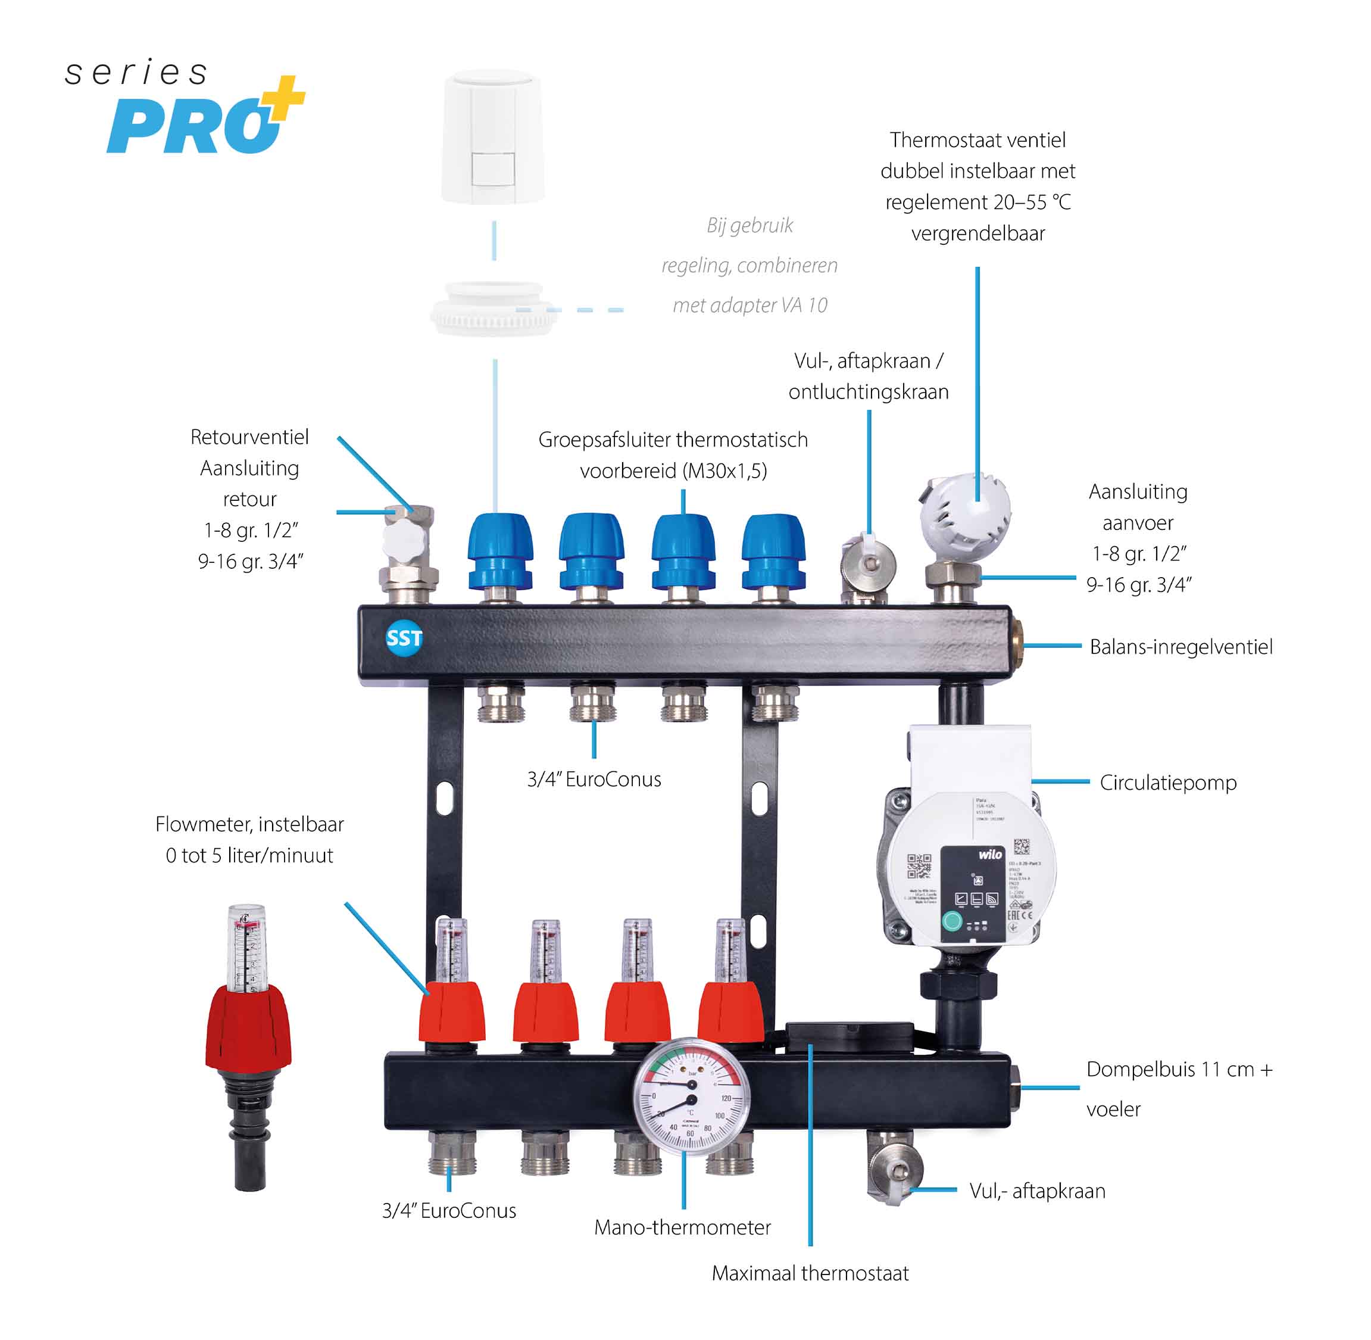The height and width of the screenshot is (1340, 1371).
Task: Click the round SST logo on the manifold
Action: (404, 638)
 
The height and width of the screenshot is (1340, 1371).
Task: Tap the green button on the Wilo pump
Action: (952, 921)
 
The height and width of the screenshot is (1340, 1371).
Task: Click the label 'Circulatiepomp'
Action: (1168, 783)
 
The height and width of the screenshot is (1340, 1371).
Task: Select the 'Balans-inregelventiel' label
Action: (1181, 647)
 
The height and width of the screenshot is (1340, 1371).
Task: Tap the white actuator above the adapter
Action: (493, 137)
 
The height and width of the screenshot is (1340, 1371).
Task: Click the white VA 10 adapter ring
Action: (493, 310)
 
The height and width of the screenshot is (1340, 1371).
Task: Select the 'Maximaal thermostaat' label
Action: (810, 1273)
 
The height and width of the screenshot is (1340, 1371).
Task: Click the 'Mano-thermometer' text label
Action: (682, 1227)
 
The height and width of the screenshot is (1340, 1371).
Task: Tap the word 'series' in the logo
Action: (136, 73)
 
